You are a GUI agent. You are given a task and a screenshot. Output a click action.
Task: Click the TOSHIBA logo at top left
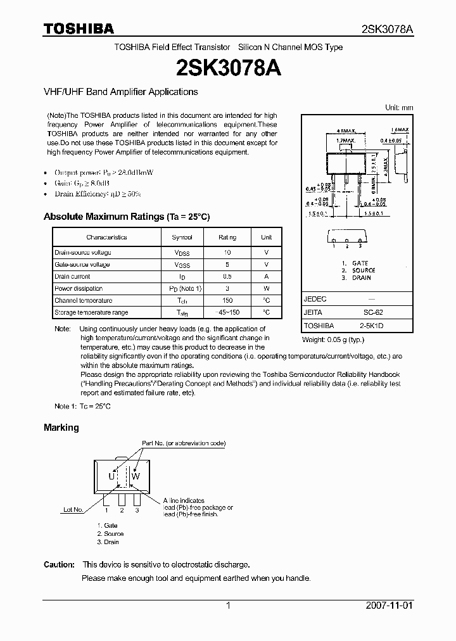click(79, 29)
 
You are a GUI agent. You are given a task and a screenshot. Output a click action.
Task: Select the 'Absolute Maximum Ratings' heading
click(126, 217)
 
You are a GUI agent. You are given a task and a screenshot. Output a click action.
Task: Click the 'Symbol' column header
click(182, 238)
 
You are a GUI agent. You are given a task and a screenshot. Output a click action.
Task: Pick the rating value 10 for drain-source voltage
click(227, 252)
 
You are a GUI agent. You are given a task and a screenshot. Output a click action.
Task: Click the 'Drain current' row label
click(72, 276)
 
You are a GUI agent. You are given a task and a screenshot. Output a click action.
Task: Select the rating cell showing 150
click(227, 300)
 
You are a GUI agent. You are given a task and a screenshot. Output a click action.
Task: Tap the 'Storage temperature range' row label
click(91, 312)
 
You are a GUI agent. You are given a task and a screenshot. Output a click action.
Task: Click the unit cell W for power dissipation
click(267, 288)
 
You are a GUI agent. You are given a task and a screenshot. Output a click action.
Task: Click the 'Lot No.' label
click(73, 509)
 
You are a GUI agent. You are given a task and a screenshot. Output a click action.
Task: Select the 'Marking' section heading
click(61, 428)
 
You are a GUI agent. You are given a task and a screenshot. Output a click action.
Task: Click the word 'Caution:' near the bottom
click(60, 564)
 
